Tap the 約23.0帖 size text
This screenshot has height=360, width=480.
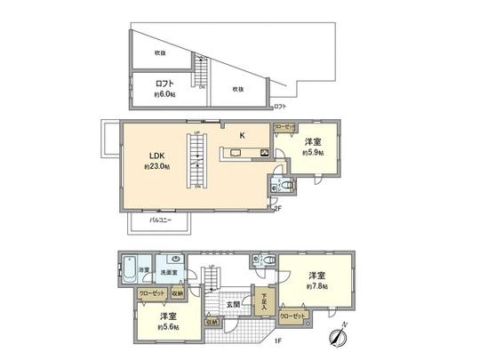click(156, 167)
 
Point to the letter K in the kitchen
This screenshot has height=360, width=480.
click(241, 135)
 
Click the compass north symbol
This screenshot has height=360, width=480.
click(339, 336)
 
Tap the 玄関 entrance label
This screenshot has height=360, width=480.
click(231, 305)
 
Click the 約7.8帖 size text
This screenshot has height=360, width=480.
click(317, 286)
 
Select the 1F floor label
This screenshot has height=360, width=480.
click(276, 340)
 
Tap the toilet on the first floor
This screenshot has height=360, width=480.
click(260, 260)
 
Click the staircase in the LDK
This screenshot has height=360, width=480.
click(197, 160)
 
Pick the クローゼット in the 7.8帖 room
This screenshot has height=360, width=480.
click(293, 315)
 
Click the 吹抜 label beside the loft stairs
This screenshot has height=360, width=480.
click(238, 88)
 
